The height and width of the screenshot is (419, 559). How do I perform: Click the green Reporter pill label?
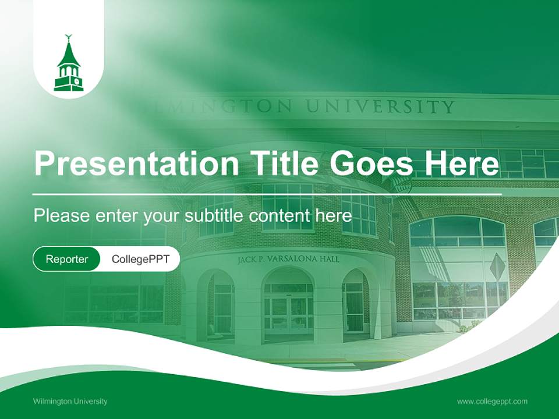pyautogui.click(x=66, y=259)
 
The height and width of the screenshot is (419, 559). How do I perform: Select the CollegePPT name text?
pyautogui.click(x=140, y=259)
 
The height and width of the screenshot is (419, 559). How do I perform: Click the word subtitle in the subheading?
pyautogui.click(x=214, y=215)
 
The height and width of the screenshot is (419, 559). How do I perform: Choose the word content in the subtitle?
pyautogui.click(x=280, y=215)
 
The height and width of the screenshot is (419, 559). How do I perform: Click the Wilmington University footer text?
pyautogui.click(x=70, y=401)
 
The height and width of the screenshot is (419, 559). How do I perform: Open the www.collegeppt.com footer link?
pyautogui.click(x=492, y=401)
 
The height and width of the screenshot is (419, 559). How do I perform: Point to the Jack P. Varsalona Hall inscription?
pyautogui.click(x=288, y=260)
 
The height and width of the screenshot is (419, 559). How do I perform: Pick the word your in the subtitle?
pyautogui.click(x=162, y=216)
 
